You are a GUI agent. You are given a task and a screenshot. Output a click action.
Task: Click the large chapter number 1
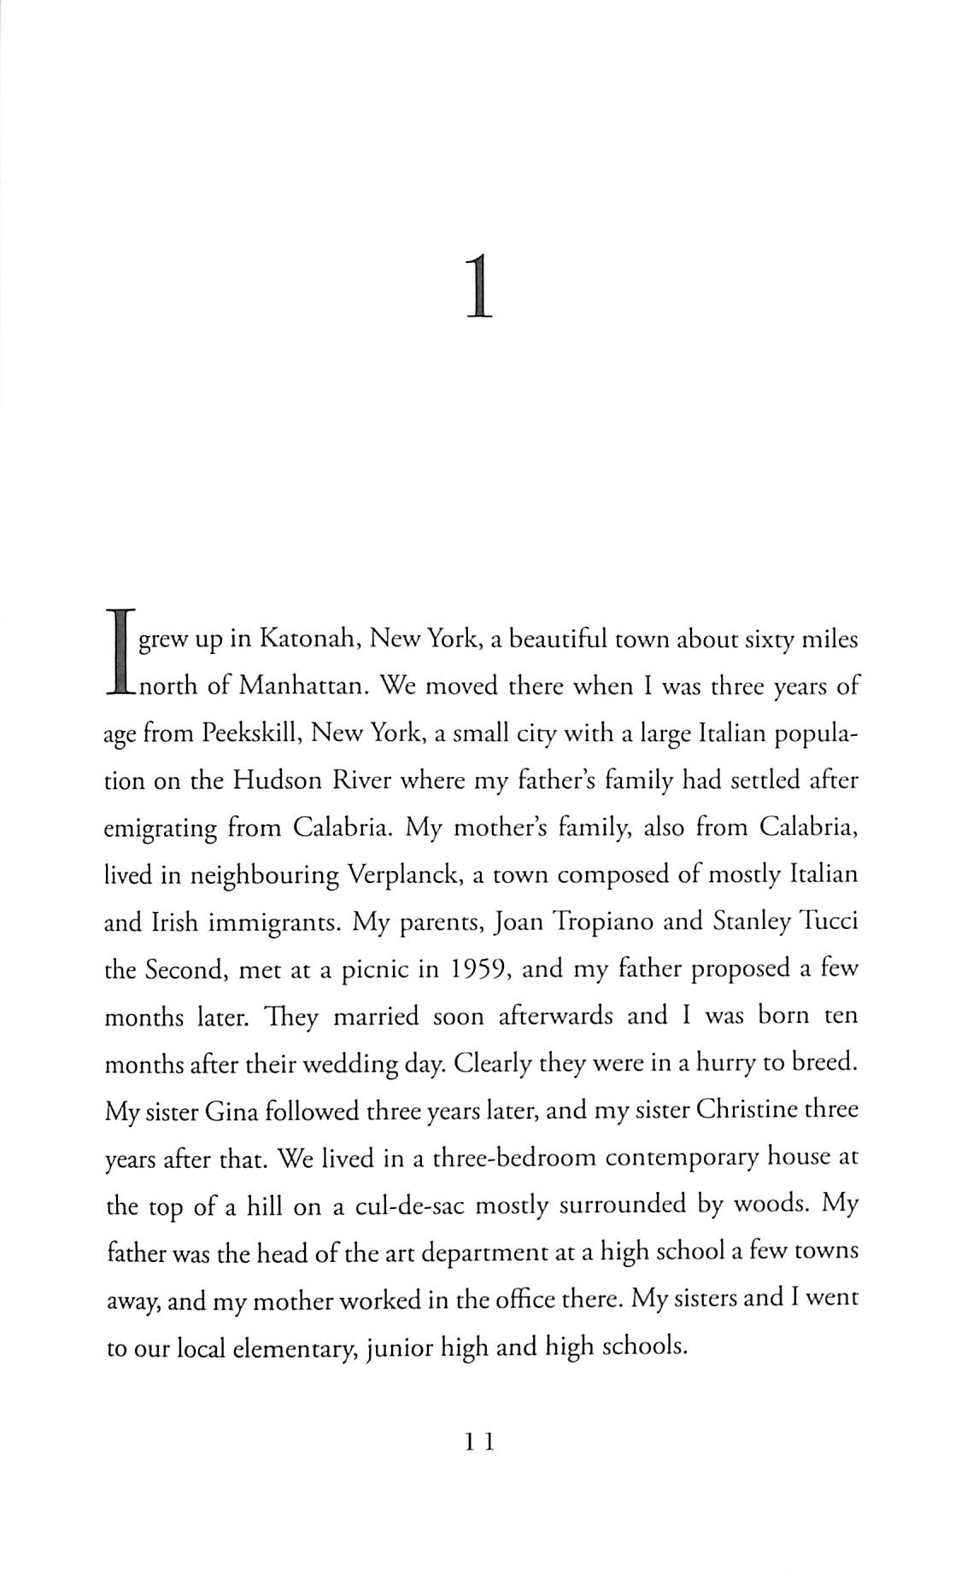pos(479,277)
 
